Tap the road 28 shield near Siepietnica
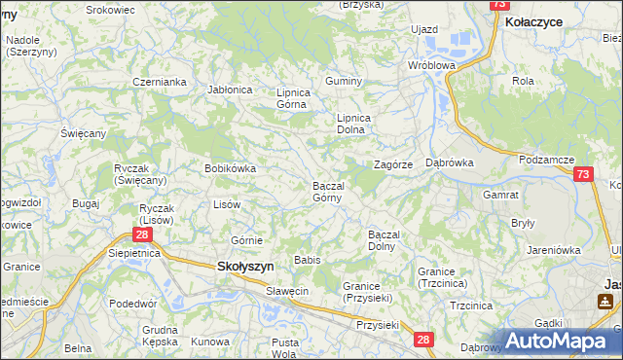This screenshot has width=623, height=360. (x=142, y=235)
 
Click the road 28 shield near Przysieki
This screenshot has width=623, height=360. (x=422, y=340)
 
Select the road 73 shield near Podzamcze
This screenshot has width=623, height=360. (x=583, y=174)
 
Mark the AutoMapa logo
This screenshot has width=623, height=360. (x=563, y=341)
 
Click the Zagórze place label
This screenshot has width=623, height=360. (x=394, y=164)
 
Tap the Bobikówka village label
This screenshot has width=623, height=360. (x=230, y=168)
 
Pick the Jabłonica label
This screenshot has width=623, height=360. (x=230, y=90)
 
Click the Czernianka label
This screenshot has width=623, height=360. (x=160, y=82)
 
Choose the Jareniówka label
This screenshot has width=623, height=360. (x=554, y=250)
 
